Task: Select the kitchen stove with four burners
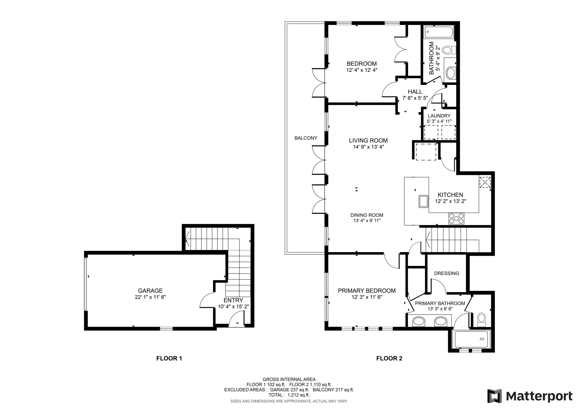click(x=456, y=219)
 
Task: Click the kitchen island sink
click(x=423, y=201)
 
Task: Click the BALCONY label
click(x=306, y=138)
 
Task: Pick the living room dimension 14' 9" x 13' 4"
click(x=368, y=147)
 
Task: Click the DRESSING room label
click(x=446, y=273)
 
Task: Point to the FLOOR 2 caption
click(x=389, y=358)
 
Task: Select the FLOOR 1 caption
click(x=169, y=358)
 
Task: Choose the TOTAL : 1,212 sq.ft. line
click(x=289, y=395)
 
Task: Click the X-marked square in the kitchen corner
click(x=485, y=182)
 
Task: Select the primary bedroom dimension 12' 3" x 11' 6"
click(x=367, y=297)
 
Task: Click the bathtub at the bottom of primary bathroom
click(x=471, y=339)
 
